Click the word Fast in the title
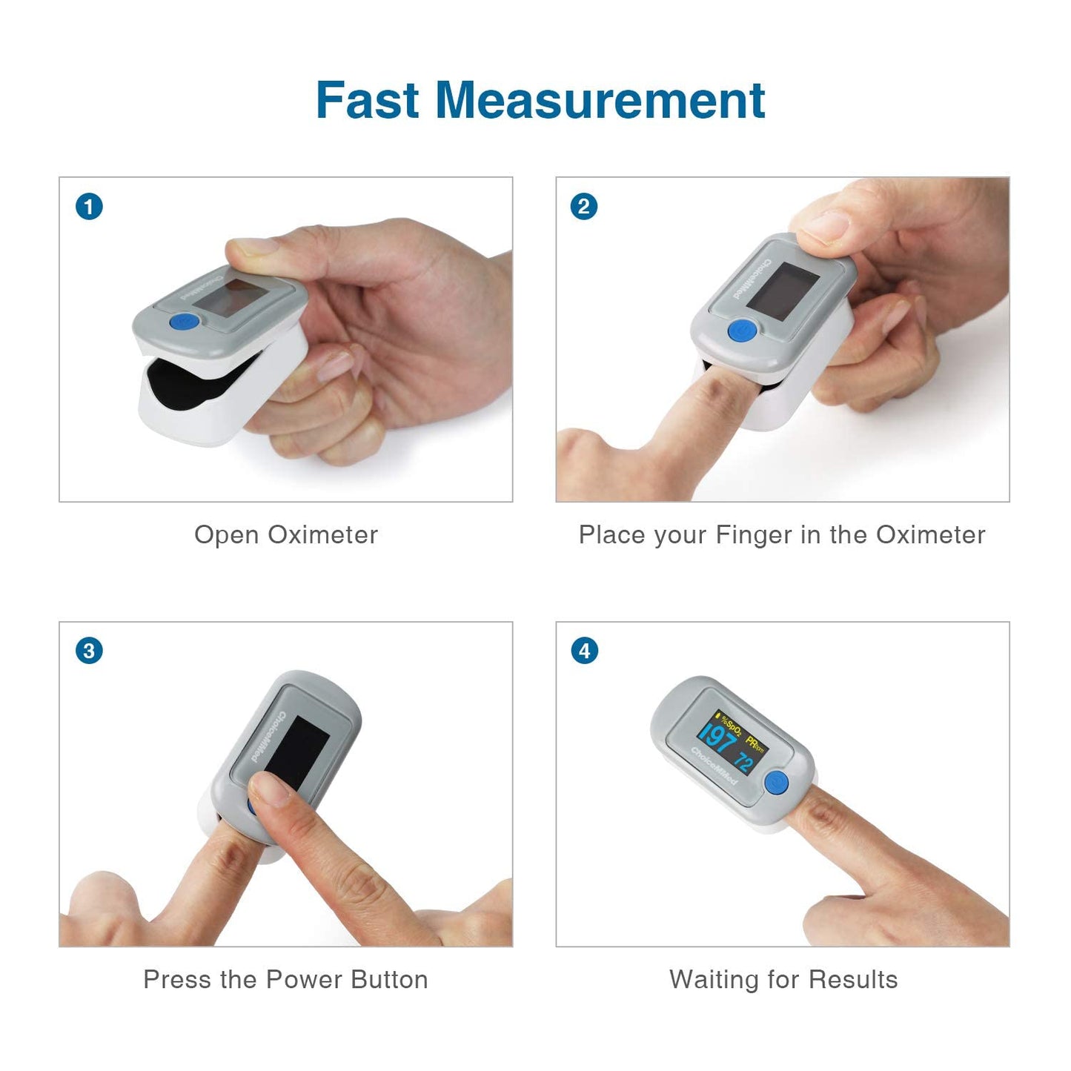[368, 100]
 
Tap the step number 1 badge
[89, 206]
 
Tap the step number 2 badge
[584, 206]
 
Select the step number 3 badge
[89, 651]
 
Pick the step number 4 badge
[584, 651]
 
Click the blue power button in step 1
[184, 322]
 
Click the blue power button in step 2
[741, 331]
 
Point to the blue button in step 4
[776, 782]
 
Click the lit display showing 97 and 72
[732, 743]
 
